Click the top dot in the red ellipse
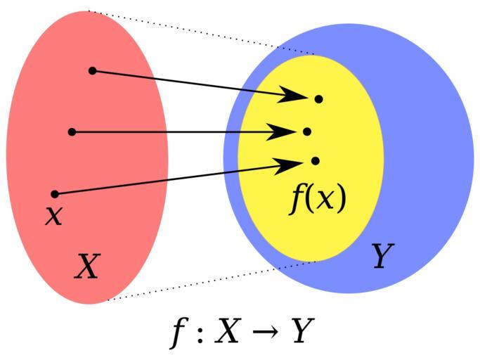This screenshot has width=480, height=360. (x=93, y=71)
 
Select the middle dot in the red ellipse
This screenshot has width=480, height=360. (x=72, y=132)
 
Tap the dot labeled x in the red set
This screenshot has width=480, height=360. (x=55, y=194)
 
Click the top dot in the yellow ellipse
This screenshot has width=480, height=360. (x=318, y=99)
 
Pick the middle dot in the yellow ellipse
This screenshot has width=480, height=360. (x=307, y=131)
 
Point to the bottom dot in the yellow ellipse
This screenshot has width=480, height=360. (x=316, y=161)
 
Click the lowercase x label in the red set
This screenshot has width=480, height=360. (x=54, y=215)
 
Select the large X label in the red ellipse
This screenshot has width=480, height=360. (x=88, y=266)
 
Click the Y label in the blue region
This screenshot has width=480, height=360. (x=382, y=255)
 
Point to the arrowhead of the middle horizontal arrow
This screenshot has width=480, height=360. (x=281, y=132)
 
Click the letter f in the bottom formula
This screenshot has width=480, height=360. (x=179, y=334)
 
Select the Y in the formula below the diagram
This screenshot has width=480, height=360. (x=302, y=330)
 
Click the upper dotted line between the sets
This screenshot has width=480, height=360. (x=201, y=32)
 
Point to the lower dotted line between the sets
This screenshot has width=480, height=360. (x=212, y=281)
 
